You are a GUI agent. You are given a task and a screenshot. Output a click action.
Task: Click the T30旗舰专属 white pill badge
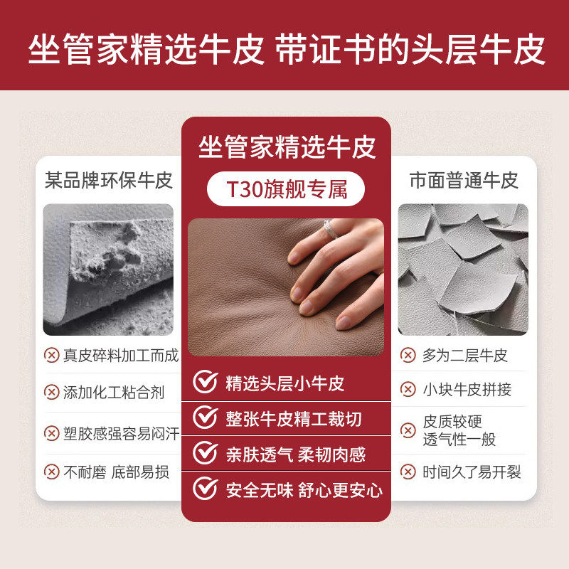coord(286,190)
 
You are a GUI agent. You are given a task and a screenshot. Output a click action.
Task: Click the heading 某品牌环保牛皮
coord(109,179)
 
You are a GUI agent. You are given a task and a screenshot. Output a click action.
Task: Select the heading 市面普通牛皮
coord(464,179)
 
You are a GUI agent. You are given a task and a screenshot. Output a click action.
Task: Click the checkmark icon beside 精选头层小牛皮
coord(206,383)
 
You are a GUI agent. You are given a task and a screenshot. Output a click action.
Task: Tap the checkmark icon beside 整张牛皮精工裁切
coord(206,418)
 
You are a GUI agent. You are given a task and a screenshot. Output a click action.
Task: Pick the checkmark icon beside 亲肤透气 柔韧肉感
coord(206,453)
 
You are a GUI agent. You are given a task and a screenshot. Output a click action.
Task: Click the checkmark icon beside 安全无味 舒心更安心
coord(206,489)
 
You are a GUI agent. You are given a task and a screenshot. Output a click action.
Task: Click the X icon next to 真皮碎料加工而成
coord(52,355)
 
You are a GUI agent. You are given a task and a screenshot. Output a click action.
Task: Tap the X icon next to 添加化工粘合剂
coord(52,392)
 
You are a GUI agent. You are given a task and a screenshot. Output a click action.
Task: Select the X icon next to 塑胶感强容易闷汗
coord(52,433)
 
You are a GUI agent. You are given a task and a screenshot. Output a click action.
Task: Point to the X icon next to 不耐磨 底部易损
coord(52,472)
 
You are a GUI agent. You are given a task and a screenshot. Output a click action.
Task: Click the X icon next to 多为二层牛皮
coord(408,355)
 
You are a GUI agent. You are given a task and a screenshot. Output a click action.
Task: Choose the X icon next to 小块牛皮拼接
coord(408,389)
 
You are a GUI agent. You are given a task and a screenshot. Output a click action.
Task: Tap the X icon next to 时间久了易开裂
coord(408,472)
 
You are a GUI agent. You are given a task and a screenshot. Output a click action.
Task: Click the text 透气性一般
coord(459,440)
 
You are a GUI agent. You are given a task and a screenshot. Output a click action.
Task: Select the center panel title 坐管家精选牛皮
coord(286,148)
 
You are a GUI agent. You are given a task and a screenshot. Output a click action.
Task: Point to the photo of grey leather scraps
coord(463,270)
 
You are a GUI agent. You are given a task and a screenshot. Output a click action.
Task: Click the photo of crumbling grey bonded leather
coord(108,270)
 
